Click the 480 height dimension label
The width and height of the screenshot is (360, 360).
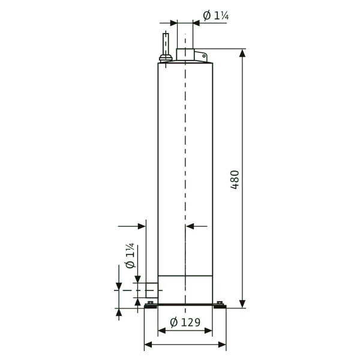pos(235,180)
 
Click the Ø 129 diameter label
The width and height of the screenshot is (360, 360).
pos(185,322)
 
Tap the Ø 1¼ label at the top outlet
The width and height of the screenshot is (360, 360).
pos(216,16)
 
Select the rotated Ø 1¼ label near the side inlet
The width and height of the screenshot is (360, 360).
pos(130,256)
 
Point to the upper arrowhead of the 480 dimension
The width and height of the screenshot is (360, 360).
pos(242,53)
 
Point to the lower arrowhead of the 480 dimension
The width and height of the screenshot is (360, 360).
pos(242,304)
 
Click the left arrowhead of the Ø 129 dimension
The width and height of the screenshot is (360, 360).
pos(162,331)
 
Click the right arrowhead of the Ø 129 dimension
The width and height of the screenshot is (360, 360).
pos(208,331)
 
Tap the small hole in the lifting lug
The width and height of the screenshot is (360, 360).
pos(204,56)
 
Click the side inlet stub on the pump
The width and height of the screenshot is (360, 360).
pos(152,290)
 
